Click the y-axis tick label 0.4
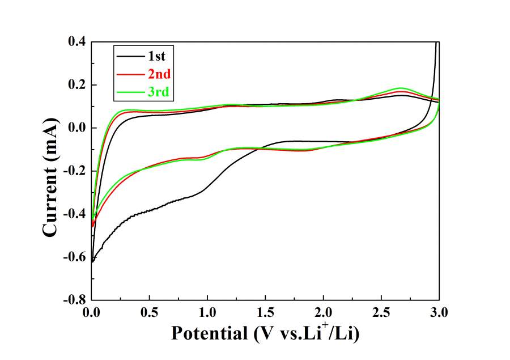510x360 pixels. (76, 42)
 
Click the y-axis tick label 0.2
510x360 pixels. (76, 85)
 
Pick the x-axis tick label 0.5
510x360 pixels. (149, 312)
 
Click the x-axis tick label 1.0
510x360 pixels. (207, 312)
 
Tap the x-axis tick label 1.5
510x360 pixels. (265, 312)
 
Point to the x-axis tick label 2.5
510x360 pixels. (381, 312)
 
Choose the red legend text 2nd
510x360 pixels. (160, 74)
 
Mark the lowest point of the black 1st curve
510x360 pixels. (92, 262)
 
